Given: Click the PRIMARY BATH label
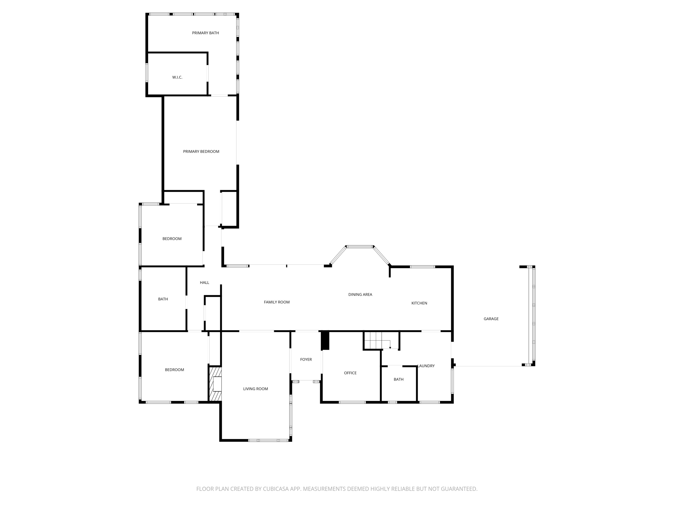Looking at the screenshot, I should (x=205, y=33).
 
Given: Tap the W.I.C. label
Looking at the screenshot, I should (x=177, y=77).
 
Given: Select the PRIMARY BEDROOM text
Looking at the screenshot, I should (x=201, y=152).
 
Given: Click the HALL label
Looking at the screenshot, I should (x=204, y=283).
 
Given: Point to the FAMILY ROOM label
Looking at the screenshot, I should (x=276, y=302).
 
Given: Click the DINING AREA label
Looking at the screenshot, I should (x=360, y=295).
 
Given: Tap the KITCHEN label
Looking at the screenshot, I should (x=419, y=303).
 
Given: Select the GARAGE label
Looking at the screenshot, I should (x=491, y=319).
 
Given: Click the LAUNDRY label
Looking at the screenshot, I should (x=426, y=366).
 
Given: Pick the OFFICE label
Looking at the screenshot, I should (x=350, y=373).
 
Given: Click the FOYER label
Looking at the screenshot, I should (x=306, y=359).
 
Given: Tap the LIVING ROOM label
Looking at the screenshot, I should (x=255, y=389).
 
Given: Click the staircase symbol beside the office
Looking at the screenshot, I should (x=377, y=340).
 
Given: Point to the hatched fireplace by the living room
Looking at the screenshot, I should (x=215, y=384).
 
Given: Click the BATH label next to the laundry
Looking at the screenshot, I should (x=399, y=379).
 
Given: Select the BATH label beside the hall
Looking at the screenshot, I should (x=163, y=299).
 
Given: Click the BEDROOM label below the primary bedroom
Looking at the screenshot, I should (x=172, y=239).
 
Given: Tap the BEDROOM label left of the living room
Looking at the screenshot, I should (x=174, y=370).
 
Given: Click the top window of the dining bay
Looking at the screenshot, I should (x=360, y=246).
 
